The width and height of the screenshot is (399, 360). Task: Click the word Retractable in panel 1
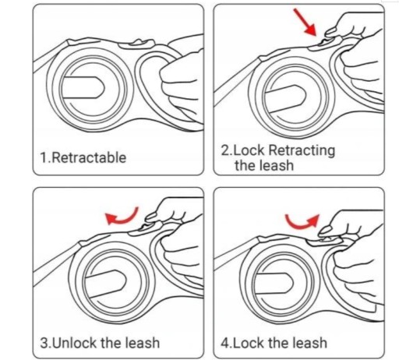(89, 157)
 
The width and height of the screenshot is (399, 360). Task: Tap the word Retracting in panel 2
(302, 150)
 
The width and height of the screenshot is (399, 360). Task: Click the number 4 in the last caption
(224, 343)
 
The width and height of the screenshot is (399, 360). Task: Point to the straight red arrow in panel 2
(305, 22)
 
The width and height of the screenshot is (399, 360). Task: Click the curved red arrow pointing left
(122, 217)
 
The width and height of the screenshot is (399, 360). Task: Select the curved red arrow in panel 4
(302, 223)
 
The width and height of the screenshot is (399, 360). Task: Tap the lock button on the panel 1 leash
(136, 44)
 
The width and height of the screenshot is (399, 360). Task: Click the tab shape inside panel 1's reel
(83, 87)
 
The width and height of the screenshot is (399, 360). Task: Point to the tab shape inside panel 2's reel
(284, 99)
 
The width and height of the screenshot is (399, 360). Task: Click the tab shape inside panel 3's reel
(105, 284)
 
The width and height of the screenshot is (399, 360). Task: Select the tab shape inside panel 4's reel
(274, 283)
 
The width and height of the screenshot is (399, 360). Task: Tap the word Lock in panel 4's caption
(248, 343)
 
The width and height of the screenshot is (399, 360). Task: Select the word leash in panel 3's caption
(143, 343)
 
